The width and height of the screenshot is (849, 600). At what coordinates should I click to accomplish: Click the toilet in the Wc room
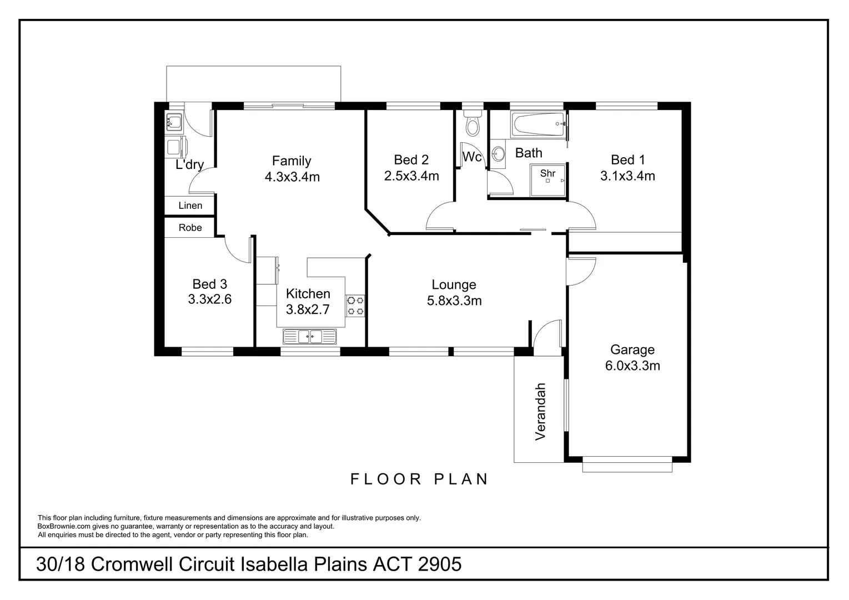coord(473,123)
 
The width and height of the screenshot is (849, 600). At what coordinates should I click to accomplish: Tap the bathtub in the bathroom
coord(538,124)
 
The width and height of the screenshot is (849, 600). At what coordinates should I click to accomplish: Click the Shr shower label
coord(547,173)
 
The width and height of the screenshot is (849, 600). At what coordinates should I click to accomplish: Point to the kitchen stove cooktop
coord(355,306)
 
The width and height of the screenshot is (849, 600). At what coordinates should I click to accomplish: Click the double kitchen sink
coord(310,337)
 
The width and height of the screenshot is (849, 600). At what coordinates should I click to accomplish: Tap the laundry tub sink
coord(174,122)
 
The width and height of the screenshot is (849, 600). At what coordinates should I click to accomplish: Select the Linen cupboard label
coord(190,206)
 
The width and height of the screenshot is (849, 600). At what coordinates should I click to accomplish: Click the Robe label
coord(190,228)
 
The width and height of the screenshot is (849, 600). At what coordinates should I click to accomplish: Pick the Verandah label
coord(540,412)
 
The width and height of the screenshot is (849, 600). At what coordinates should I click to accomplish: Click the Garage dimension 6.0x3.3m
coord(632,366)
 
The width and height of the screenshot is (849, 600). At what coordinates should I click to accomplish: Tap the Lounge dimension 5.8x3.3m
coord(454,301)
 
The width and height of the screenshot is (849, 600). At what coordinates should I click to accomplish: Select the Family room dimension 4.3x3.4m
coord(292,177)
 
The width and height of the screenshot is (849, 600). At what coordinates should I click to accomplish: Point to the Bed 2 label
coord(411,159)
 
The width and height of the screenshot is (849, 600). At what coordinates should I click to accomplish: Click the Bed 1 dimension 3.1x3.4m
coord(627,176)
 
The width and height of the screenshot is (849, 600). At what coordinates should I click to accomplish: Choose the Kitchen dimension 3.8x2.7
coord(308,309)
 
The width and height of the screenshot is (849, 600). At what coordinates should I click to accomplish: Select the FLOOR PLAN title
coord(419,479)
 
